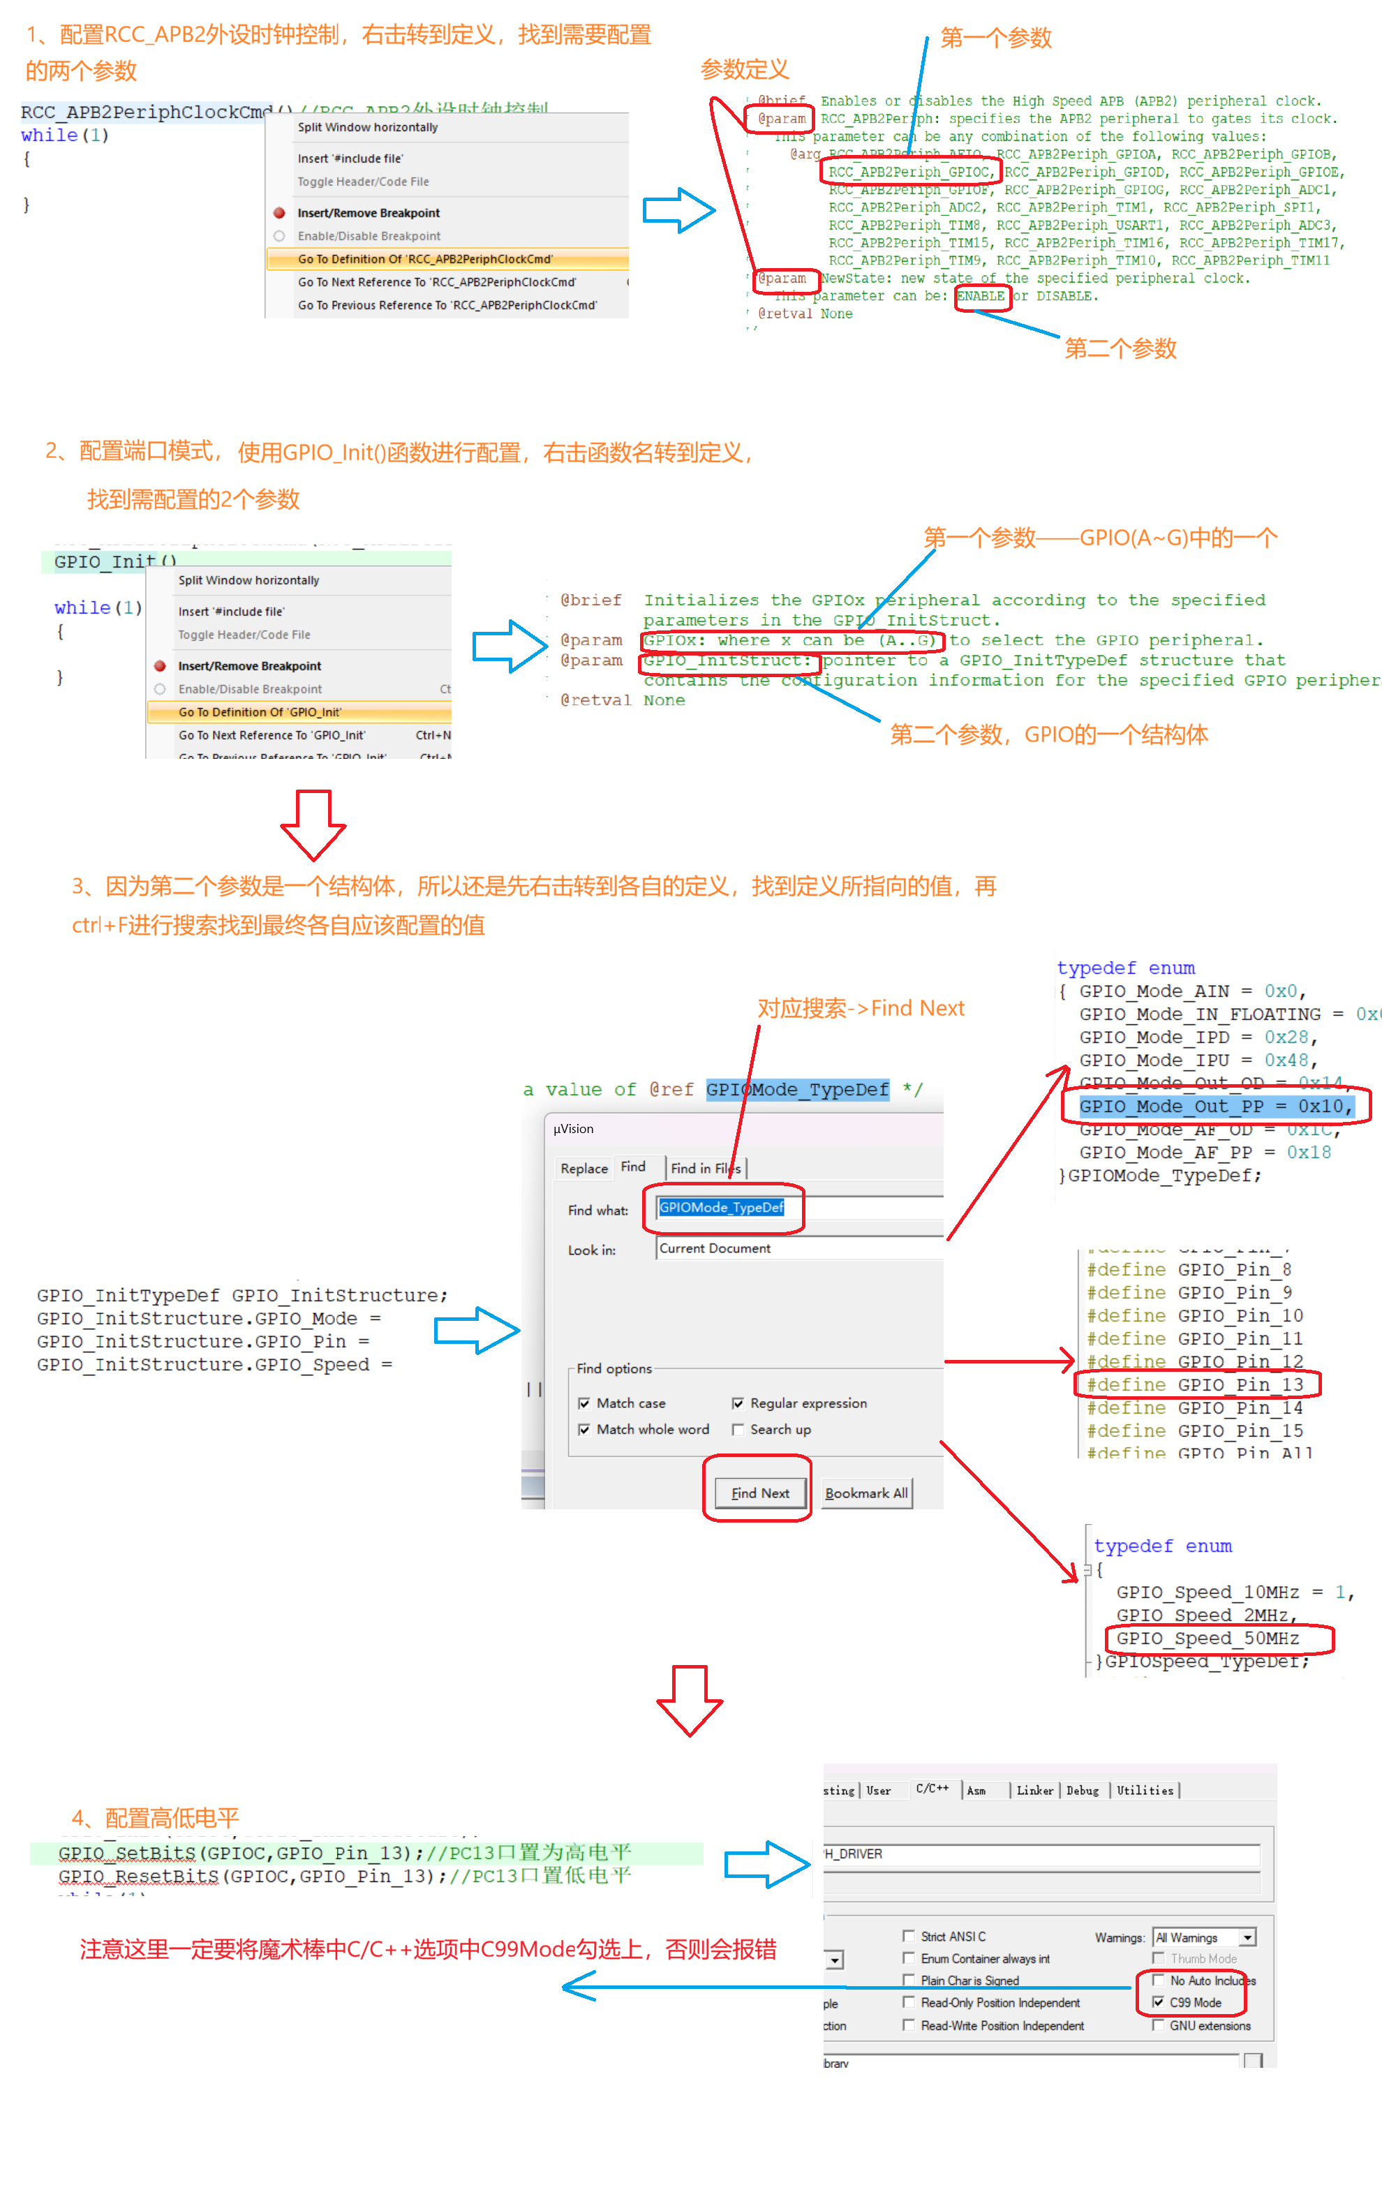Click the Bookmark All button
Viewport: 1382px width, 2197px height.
coord(865,1493)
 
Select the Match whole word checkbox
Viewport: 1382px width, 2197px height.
coord(584,1429)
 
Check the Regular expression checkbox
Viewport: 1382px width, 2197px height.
coord(738,1403)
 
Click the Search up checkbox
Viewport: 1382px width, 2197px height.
coord(738,1429)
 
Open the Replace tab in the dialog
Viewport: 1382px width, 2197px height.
coord(584,1168)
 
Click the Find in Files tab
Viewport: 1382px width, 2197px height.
coord(705,1168)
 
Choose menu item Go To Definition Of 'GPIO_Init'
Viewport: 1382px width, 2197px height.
coord(259,711)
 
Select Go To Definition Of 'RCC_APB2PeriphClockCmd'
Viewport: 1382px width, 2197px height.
coord(424,259)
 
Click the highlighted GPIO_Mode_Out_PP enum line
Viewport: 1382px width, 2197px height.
coord(1214,1106)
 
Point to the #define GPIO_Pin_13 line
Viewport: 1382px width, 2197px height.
coord(1194,1384)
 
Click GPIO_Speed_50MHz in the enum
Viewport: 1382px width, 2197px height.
coord(1207,1638)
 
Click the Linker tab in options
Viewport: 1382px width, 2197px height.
coord(1034,1790)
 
